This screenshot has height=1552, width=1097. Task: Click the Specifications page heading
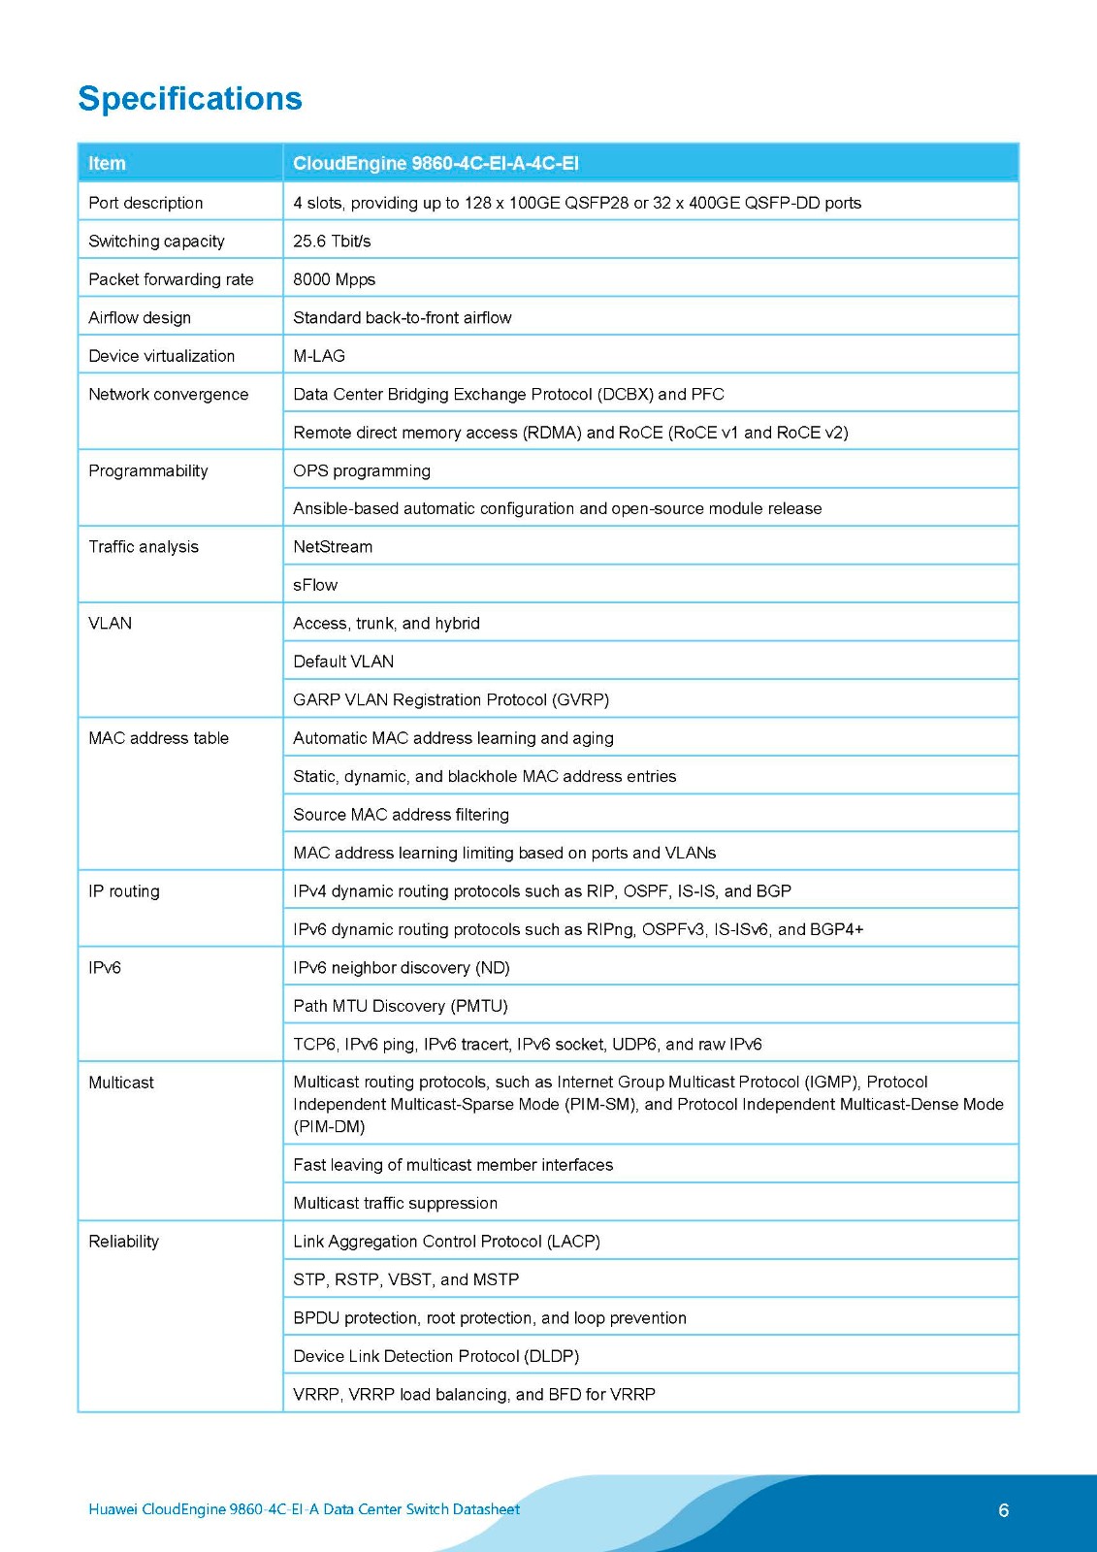(190, 99)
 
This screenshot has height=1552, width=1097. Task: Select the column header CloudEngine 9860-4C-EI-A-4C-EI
(436, 163)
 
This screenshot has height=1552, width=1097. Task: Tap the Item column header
(107, 163)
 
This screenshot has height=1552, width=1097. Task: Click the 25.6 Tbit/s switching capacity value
(332, 241)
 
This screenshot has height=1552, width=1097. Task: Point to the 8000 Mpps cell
(334, 279)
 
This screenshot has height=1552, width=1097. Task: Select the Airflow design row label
(140, 317)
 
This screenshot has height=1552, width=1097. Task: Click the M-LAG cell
(319, 356)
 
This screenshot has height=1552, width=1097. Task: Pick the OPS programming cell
(362, 470)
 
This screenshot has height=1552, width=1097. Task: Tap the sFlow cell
(315, 585)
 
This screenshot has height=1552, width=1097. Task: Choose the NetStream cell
(333, 547)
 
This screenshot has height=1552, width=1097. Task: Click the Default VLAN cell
(343, 662)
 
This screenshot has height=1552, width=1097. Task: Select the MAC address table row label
(158, 738)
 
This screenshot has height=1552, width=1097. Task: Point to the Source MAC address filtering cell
(401, 815)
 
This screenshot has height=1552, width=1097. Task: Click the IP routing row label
(124, 891)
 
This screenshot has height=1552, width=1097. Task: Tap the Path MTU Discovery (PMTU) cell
(401, 1006)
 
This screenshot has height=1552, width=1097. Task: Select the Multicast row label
(121, 1083)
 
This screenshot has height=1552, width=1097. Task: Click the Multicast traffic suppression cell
(395, 1203)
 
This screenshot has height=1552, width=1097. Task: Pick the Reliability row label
(123, 1242)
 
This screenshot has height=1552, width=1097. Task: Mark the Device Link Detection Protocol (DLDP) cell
(436, 1356)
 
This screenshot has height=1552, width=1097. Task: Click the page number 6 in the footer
(1003, 1510)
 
